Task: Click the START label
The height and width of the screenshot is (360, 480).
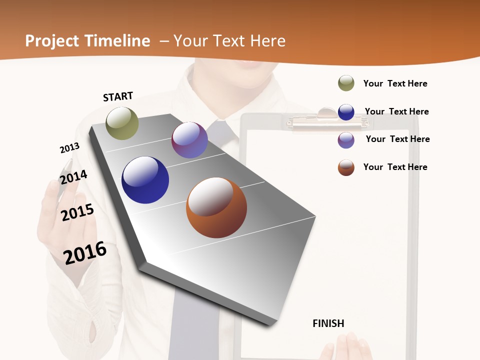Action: [118, 96]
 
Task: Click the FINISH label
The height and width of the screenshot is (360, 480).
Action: [328, 323]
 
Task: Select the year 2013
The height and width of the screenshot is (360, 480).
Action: [69, 148]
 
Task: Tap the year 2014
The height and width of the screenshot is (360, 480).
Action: [73, 177]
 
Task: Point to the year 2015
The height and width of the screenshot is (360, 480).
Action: [77, 212]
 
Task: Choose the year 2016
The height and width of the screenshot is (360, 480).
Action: [85, 252]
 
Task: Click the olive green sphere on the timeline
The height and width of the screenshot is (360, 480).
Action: [122, 123]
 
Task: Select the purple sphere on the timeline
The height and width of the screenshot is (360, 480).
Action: [189, 140]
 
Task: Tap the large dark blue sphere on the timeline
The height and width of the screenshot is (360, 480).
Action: [145, 180]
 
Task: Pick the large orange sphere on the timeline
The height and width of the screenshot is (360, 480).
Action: [216, 207]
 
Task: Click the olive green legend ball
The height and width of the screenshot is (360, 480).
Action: [346, 83]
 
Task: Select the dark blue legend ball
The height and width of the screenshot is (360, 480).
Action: [346, 112]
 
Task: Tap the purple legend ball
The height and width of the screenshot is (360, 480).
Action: [346, 140]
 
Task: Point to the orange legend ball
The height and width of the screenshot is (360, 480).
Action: [346, 167]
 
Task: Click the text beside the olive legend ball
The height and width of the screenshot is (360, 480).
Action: [395, 83]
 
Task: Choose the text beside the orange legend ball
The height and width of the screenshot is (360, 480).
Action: [395, 167]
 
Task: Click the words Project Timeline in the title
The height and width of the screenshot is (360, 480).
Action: [87, 41]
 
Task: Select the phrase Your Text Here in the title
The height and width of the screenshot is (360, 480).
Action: [229, 41]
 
